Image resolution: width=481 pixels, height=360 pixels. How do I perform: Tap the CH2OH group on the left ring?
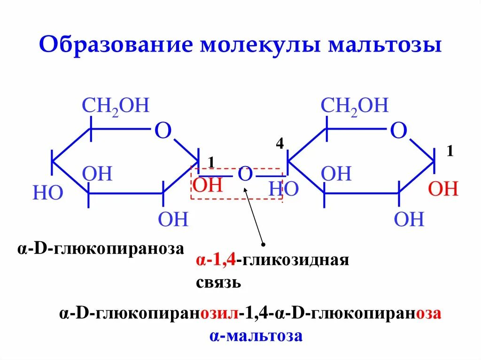point(116,106)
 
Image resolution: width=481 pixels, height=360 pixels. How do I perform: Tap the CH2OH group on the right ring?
point(355,106)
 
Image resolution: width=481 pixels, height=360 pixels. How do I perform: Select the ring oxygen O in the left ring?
point(163,131)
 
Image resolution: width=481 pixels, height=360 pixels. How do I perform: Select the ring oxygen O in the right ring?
point(399,131)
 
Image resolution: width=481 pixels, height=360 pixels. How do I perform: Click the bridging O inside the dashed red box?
point(245,175)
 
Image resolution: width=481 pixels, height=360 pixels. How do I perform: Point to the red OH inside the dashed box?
point(207,184)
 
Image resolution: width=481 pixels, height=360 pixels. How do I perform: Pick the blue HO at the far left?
point(47,193)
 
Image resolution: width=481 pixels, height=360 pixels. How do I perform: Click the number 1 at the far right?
point(450,152)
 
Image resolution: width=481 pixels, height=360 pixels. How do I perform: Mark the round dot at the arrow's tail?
point(263,244)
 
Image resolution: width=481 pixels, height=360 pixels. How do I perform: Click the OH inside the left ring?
point(98,174)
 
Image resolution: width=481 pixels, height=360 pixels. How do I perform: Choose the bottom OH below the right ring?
point(409,219)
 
